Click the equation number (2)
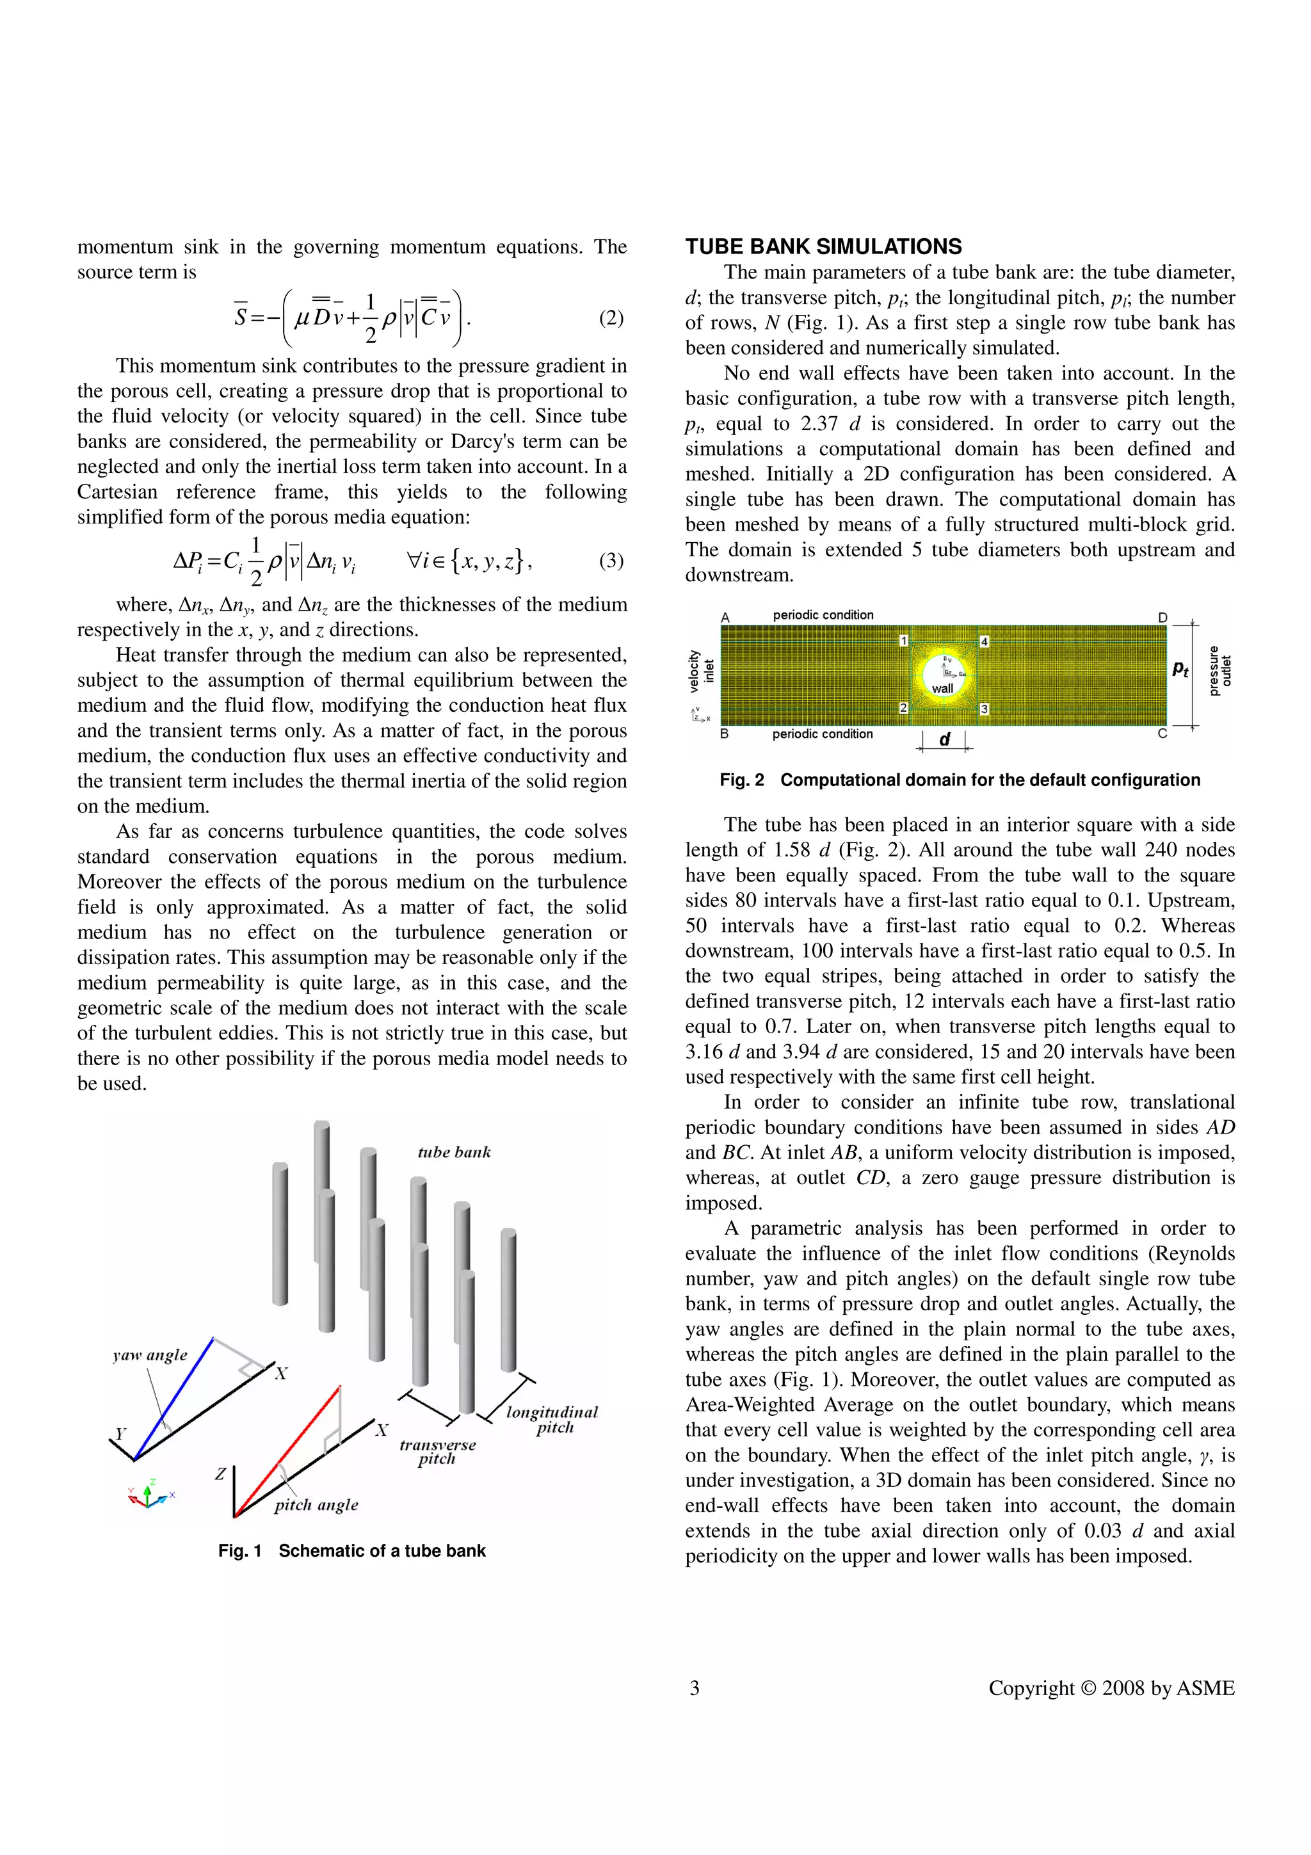[611, 317]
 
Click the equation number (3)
[611, 560]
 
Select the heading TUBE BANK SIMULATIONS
[823, 246]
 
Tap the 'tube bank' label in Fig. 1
[454, 1152]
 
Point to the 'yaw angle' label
[149, 1355]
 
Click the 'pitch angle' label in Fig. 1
[316, 1504]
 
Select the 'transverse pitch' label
[437, 1451]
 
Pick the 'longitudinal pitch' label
[552, 1420]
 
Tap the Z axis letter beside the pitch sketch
[220, 1474]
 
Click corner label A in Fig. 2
[725, 617]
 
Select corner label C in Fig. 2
[1162, 734]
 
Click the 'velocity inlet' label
[701, 671]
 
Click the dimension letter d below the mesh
[944, 739]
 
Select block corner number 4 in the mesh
[984, 641]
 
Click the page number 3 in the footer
[694, 1688]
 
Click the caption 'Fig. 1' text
[240, 1550]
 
